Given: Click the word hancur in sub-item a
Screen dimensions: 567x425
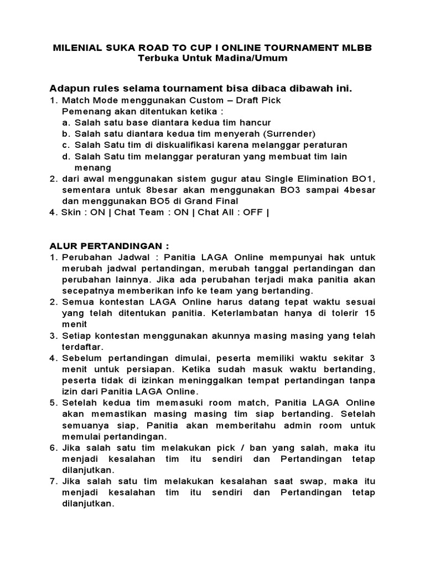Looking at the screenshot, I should click(x=256, y=122).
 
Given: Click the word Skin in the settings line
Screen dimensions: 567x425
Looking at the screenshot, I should click(x=71, y=213).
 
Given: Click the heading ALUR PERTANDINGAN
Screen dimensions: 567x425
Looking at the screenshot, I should click(x=109, y=246).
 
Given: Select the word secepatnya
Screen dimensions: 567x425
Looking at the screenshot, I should click(x=86, y=291).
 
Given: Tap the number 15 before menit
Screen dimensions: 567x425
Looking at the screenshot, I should click(x=369, y=313).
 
